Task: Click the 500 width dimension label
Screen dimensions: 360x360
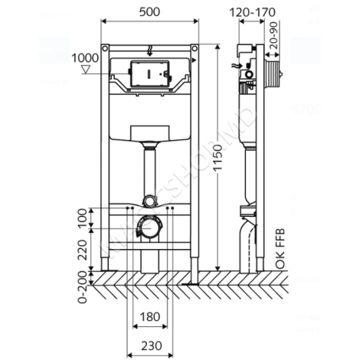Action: [151, 13]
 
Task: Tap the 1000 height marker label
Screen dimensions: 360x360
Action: [85, 57]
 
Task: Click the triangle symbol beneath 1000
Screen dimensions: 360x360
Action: [85, 69]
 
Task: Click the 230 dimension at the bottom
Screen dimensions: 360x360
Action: [150, 345]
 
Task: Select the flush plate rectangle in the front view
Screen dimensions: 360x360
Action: [150, 74]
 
